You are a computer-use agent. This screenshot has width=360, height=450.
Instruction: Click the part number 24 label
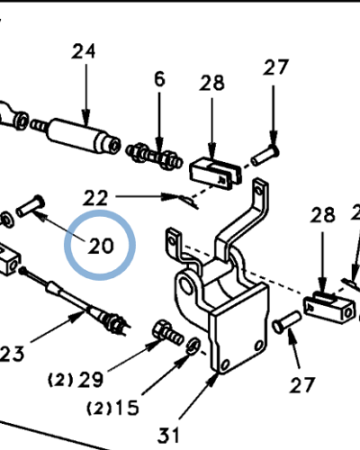(x=83, y=52)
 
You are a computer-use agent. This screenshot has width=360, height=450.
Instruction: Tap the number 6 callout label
(x=159, y=79)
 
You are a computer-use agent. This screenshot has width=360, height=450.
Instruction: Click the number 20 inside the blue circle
(x=101, y=246)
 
